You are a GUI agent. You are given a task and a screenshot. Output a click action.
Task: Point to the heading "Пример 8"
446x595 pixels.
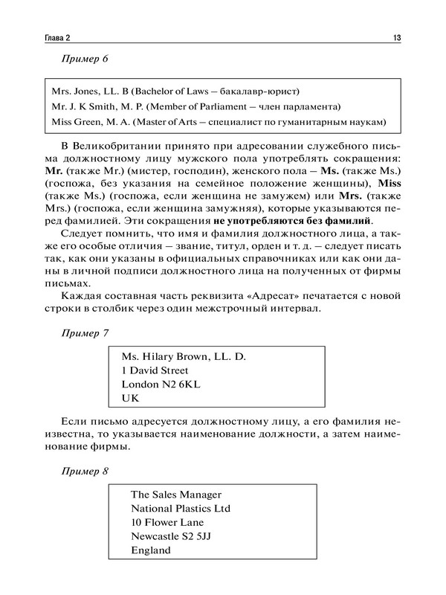point(85,472)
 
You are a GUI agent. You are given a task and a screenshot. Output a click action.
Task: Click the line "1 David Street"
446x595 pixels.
point(155,370)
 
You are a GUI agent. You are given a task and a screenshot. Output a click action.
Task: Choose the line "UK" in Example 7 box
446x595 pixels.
point(130,399)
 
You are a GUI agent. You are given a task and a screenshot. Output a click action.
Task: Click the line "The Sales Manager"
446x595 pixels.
point(175,494)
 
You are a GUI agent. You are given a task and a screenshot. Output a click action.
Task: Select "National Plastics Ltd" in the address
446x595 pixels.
point(181,509)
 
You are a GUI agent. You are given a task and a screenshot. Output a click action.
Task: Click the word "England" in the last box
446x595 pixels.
point(151,551)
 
